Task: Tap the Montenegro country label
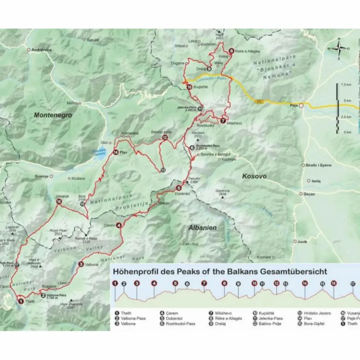click(x=53, y=114)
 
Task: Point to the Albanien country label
click(x=202, y=228)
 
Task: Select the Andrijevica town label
click(x=42, y=50)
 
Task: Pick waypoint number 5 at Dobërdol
click(x=178, y=188)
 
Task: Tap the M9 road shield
click(x=259, y=101)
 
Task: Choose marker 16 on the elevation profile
click(x=334, y=283)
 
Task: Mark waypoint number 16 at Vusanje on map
click(x=59, y=202)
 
